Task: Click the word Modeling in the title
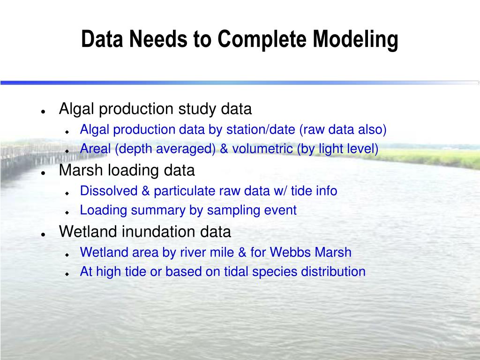355,40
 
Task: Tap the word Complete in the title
262,40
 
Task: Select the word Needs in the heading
158,39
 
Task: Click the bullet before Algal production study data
43,112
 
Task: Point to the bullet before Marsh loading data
43,173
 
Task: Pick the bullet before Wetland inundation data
43,234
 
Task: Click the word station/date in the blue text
261,129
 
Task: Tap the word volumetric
262,149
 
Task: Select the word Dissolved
109,191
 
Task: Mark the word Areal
95,149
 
